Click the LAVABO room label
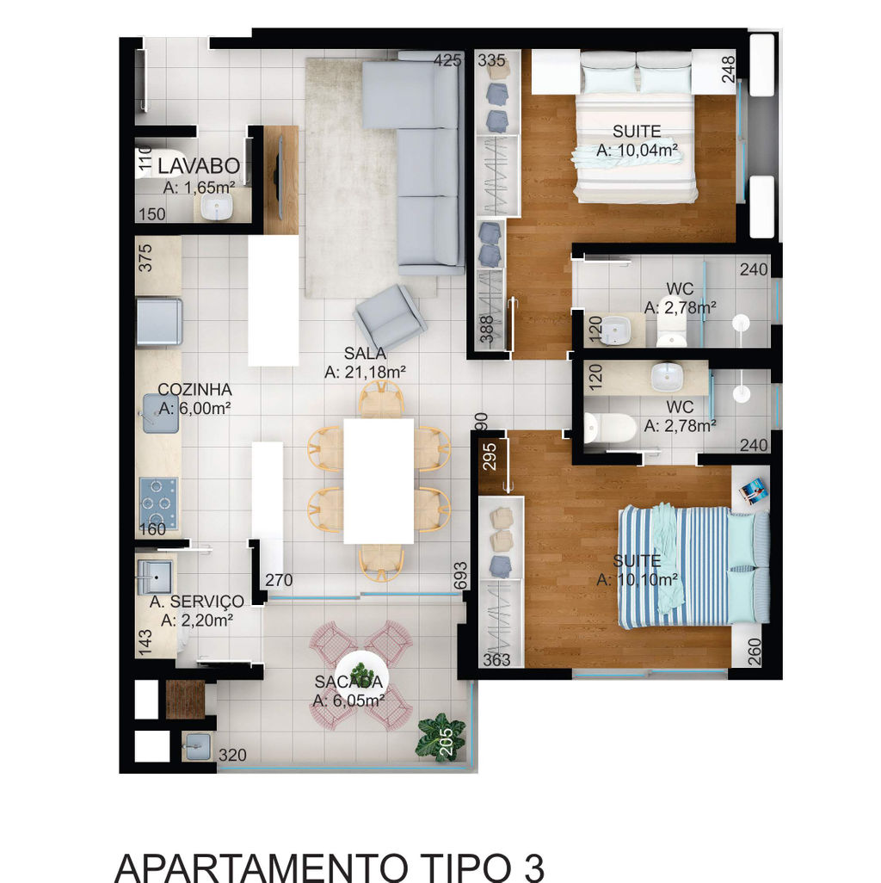(199, 165)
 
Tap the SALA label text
(365, 354)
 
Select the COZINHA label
(194, 389)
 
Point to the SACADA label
(348, 682)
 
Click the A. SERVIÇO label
(196, 602)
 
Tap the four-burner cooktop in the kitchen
(158, 503)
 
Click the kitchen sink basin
(160, 413)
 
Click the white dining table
(379, 481)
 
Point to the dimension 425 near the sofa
(447, 59)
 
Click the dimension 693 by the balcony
(460, 576)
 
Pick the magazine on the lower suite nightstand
(753, 491)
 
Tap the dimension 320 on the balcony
(232, 755)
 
